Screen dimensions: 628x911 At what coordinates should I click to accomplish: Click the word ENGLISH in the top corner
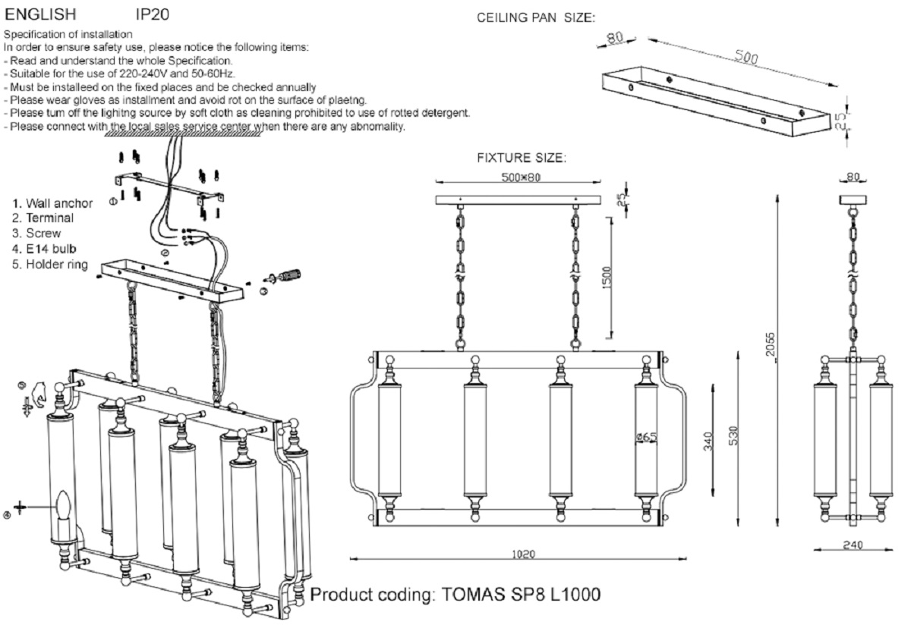pyautogui.click(x=41, y=14)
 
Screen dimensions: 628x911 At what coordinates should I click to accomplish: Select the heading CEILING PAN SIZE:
pyautogui.click(x=536, y=18)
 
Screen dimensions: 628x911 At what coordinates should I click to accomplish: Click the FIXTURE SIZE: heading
pyautogui.click(x=522, y=159)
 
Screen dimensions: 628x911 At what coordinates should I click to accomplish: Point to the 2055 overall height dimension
pyautogui.click(x=771, y=348)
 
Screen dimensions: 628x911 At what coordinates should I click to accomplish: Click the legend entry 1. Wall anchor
pyautogui.click(x=52, y=203)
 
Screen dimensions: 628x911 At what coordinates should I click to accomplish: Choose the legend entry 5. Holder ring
pyautogui.click(x=50, y=265)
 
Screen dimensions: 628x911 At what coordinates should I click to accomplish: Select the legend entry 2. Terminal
pyautogui.click(x=43, y=218)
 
